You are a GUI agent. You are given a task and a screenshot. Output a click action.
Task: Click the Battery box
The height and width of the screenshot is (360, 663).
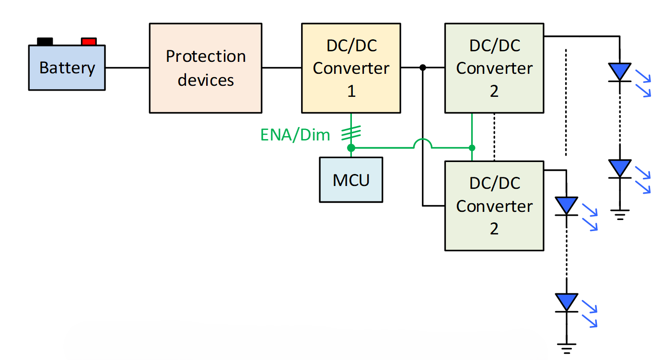[x=67, y=68]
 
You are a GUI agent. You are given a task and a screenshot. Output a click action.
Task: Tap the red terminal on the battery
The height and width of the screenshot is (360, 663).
[x=89, y=42]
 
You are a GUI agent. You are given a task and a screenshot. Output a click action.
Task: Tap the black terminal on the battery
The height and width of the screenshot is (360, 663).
[x=45, y=42]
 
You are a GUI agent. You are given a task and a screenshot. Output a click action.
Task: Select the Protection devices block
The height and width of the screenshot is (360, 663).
[x=206, y=68]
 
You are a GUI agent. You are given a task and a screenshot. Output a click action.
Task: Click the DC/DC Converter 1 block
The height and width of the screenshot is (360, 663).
[x=351, y=68]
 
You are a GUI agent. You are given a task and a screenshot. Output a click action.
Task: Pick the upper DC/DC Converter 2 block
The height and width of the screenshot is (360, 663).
[x=494, y=68]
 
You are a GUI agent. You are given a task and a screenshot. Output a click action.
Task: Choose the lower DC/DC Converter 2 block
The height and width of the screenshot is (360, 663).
[x=494, y=206]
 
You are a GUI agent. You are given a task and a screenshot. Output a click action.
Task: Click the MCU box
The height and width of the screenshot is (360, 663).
[x=351, y=180]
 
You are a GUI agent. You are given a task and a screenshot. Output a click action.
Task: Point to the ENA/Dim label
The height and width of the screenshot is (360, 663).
[x=295, y=135]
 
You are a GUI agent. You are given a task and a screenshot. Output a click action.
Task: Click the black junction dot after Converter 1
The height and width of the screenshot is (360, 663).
[x=423, y=68]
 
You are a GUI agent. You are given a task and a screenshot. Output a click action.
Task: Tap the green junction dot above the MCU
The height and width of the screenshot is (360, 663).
[x=351, y=148]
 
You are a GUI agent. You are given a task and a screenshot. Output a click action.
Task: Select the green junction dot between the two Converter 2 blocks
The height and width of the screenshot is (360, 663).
[x=472, y=148]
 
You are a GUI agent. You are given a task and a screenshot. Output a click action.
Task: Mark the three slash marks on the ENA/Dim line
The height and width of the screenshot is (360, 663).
[x=351, y=133]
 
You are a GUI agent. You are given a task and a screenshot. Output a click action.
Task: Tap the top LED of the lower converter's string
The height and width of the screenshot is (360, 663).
[x=567, y=206]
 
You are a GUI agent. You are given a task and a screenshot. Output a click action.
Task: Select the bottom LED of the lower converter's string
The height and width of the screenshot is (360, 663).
[x=567, y=302]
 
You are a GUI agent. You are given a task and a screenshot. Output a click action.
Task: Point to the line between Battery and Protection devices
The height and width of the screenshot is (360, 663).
[x=127, y=68]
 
